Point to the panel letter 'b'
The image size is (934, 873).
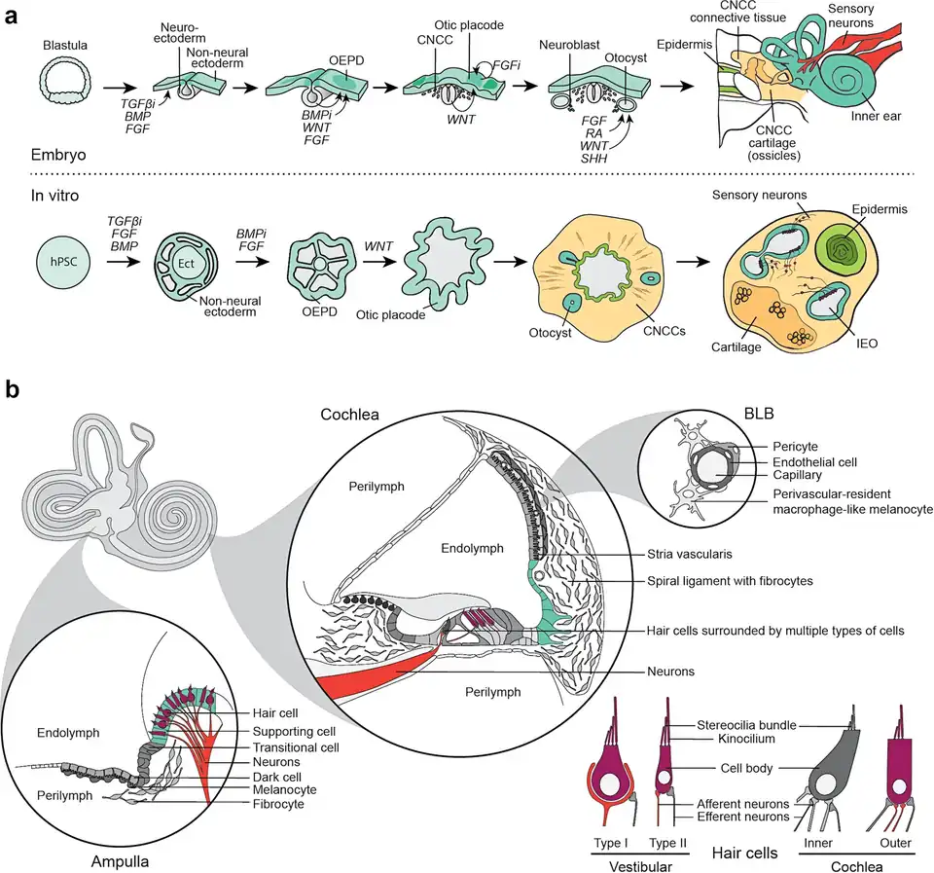pos(13,389)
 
